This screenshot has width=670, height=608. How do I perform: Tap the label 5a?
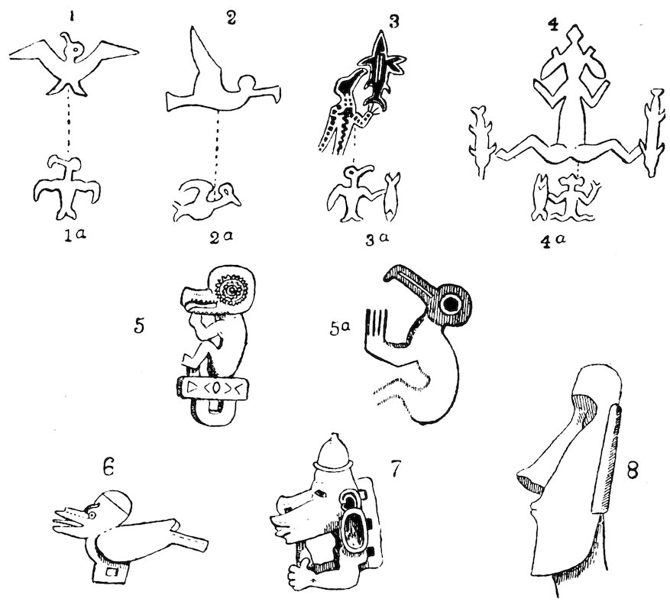pos(340,329)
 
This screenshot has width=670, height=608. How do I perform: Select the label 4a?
pos(552,241)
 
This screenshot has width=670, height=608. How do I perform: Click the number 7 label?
pos(394,469)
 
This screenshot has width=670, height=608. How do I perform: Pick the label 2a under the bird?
pos(221,237)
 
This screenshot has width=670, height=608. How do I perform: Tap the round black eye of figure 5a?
pos(451,304)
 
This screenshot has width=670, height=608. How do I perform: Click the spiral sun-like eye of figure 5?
pos(232,291)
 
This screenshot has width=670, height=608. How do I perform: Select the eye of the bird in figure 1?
pos(76,51)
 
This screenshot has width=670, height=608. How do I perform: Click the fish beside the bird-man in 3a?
pos(390,196)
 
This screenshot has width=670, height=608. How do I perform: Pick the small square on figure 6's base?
pos(112,571)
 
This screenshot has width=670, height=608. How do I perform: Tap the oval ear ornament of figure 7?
pos(354,529)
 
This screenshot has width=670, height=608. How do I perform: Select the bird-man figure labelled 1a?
pos(67,187)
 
